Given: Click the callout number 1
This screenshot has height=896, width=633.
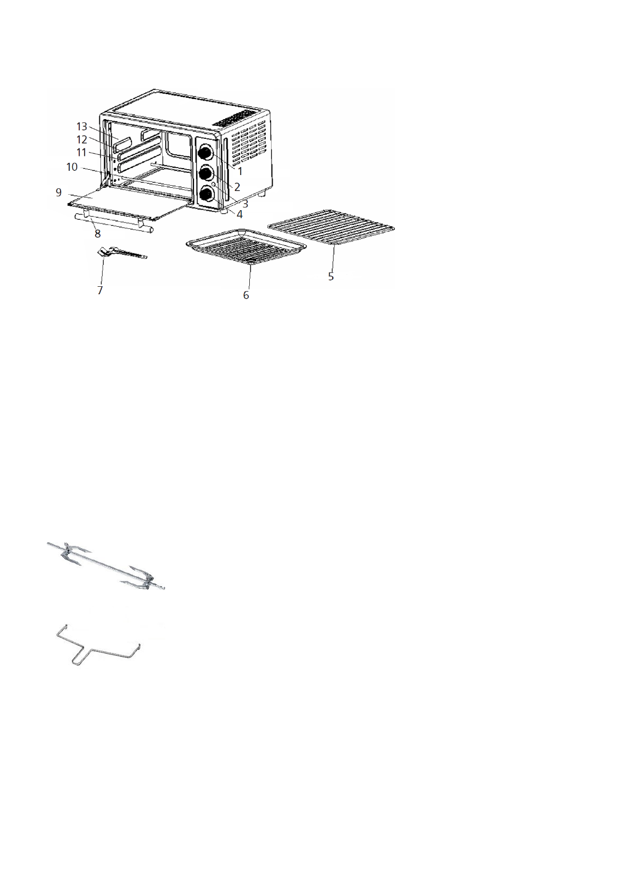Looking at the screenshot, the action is (x=240, y=172).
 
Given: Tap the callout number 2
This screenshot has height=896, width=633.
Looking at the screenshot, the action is (x=237, y=187).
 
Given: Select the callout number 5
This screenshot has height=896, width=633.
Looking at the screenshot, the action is (x=331, y=277).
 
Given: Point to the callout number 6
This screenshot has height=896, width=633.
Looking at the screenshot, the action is (x=246, y=295).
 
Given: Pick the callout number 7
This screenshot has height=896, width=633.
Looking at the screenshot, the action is (x=100, y=291).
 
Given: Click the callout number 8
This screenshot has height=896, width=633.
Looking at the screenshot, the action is (x=97, y=234).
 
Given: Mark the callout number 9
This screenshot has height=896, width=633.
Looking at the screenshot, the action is (x=58, y=193).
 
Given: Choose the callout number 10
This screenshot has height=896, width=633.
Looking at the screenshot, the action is (x=72, y=167).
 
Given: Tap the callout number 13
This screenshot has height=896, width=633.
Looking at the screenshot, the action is (x=81, y=127).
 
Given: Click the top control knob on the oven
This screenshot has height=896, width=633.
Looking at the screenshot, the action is (x=205, y=153).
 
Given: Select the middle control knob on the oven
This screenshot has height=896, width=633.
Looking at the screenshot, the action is (x=205, y=174).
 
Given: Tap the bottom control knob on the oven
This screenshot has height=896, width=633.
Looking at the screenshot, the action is (x=206, y=195).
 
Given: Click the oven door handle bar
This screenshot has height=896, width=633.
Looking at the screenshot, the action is (x=114, y=223).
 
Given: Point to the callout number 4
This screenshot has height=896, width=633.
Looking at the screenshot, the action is (x=240, y=214).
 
